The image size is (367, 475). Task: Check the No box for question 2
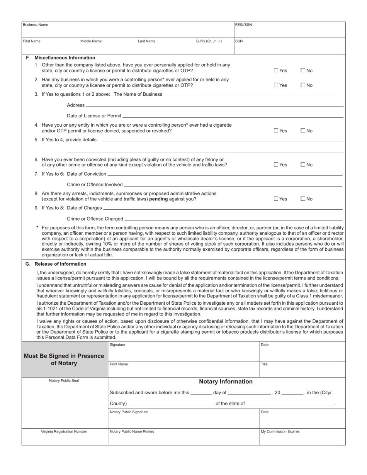(303, 85)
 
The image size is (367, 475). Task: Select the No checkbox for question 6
(303, 165)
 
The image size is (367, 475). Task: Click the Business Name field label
(36, 25)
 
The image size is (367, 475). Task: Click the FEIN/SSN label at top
(243, 25)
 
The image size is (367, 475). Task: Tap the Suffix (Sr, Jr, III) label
(209, 41)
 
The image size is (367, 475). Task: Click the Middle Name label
(91, 41)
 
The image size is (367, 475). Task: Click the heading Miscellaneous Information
(65, 58)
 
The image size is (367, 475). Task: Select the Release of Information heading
(60, 264)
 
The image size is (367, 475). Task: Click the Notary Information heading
(226, 382)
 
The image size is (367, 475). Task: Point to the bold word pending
(158, 199)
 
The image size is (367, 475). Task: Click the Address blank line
(214, 105)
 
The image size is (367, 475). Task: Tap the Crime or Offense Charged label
(95, 219)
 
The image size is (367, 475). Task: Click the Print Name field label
(119, 364)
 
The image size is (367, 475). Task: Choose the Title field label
(264, 364)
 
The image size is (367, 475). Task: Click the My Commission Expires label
(280, 432)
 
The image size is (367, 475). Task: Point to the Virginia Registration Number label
(64, 432)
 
